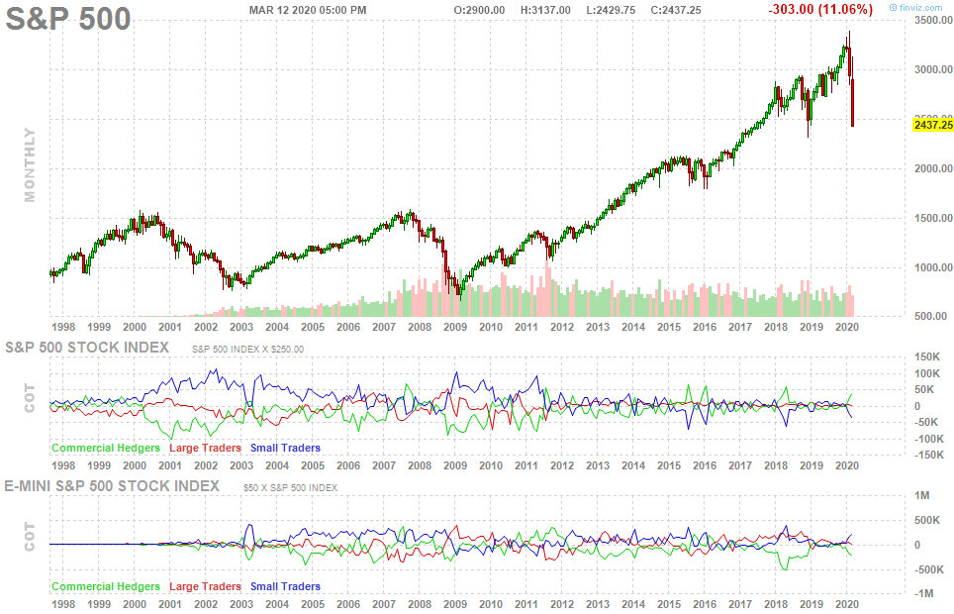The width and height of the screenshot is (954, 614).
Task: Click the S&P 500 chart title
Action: tap(68, 18)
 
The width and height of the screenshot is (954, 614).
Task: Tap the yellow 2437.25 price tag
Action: tap(933, 125)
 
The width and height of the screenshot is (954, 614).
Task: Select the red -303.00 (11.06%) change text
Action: tap(820, 10)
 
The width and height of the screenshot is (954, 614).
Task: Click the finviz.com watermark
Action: tap(915, 8)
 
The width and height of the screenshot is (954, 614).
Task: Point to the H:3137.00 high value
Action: tap(545, 10)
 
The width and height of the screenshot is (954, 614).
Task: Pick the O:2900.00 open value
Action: tap(479, 10)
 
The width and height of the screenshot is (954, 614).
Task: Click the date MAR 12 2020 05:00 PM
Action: tap(308, 10)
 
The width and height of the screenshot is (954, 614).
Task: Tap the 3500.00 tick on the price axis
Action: tap(933, 20)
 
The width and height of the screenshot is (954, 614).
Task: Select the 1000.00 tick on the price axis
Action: tap(933, 267)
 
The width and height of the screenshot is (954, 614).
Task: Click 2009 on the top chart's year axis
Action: tap(455, 327)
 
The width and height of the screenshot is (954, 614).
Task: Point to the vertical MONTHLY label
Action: tap(30, 164)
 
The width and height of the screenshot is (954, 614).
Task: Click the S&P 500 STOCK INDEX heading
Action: tap(87, 348)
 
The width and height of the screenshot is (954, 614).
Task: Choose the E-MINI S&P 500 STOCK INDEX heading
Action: tap(112, 486)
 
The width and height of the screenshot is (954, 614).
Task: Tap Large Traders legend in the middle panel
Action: tap(205, 448)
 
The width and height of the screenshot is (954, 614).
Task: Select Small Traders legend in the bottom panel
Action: tap(285, 586)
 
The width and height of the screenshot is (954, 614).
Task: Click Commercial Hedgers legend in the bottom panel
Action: tap(106, 586)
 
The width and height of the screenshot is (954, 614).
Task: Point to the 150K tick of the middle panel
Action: tap(928, 357)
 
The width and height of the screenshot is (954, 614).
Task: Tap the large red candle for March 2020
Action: tap(853, 102)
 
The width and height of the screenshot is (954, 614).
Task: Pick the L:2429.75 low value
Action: tap(611, 10)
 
